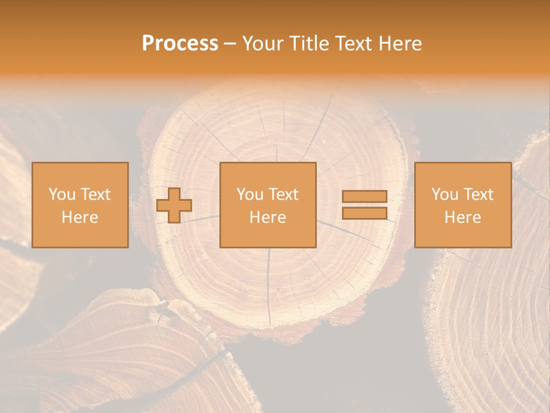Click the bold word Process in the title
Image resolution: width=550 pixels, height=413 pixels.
180,44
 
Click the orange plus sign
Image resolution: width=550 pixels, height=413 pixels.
174,205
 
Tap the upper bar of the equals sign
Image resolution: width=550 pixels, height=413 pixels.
364,197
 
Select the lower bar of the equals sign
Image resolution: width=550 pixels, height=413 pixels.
364,213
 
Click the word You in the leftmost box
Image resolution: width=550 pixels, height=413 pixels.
61,194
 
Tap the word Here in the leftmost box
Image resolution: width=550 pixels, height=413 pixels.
80,217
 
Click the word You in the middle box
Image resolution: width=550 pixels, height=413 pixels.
250,194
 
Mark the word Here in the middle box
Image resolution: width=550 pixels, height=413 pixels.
268,217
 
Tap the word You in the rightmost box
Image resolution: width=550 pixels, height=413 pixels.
445,194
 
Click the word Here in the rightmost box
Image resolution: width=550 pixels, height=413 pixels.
463,217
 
